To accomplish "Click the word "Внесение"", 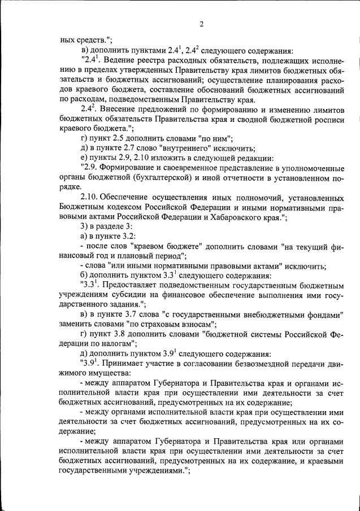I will click(x=118, y=108).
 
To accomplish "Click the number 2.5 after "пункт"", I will click(x=121, y=138).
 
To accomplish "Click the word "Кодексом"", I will click(x=116, y=208).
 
